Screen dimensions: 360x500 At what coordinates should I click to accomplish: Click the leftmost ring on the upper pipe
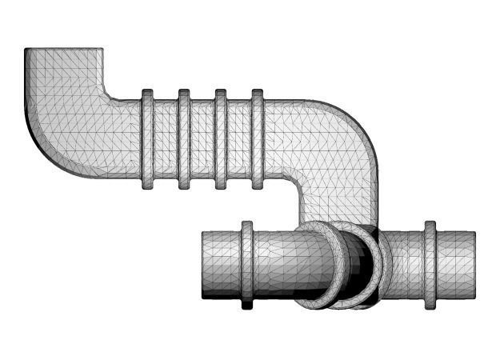tap(147, 140)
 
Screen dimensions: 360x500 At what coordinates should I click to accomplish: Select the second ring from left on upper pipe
tap(184, 140)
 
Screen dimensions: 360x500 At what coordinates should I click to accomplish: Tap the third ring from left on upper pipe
tap(221, 140)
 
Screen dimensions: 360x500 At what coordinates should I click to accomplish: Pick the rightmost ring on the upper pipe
tap(258, 140)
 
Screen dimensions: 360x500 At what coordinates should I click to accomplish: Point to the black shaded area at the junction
tap(358, 268)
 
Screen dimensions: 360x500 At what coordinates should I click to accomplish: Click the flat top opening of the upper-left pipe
tap(64, 50)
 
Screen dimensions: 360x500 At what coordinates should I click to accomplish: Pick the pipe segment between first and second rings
tap(166, 140)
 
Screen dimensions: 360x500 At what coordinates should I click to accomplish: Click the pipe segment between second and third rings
tap(202, 140)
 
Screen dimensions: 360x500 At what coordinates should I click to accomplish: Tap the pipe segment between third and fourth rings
tap(239, 140)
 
